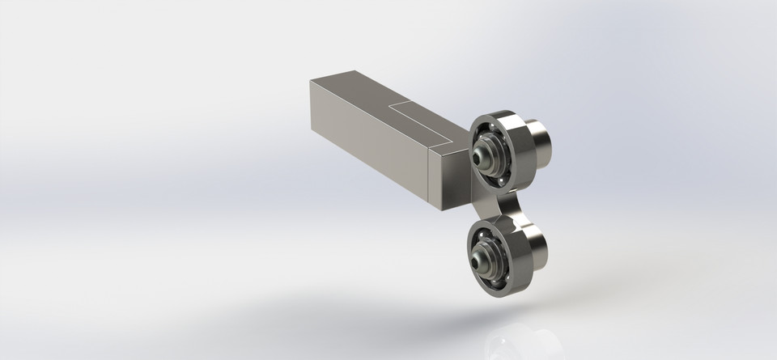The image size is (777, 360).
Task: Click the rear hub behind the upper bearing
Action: pyautogui.click(x=540, y=142)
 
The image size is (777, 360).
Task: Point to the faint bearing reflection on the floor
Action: pyautogui.click(x=518, y=340)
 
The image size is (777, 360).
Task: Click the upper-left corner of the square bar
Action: pyautogui.click(x=310, y=80)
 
